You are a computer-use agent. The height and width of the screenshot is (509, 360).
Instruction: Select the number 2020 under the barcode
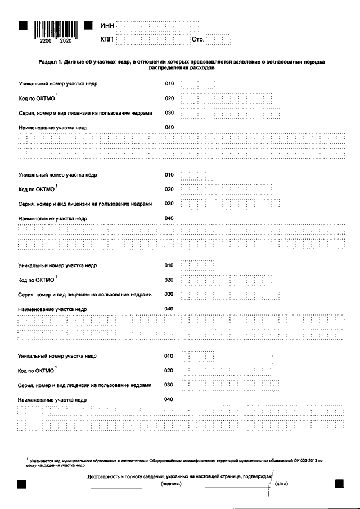[65, 41]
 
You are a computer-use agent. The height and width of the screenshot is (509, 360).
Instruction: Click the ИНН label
[107, 26]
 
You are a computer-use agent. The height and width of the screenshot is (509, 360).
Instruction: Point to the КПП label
[107, 39]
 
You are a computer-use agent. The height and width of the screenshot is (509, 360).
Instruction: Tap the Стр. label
[199, 40]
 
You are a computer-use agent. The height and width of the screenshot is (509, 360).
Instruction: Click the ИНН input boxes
[157, 26]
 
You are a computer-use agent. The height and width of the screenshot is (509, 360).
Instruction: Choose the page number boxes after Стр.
[219, 39]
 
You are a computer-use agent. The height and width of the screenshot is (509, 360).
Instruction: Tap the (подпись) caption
[171, 484]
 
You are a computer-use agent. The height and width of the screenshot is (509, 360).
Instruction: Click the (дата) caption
[282, 484]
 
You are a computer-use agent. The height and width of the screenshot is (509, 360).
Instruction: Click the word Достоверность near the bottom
[105, 476]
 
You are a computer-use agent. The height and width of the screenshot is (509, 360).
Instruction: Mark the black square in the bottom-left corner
[22, 484]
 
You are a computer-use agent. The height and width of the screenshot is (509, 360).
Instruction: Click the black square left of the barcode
[22, 26]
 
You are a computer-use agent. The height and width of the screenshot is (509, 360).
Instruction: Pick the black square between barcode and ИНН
[88, 26]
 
